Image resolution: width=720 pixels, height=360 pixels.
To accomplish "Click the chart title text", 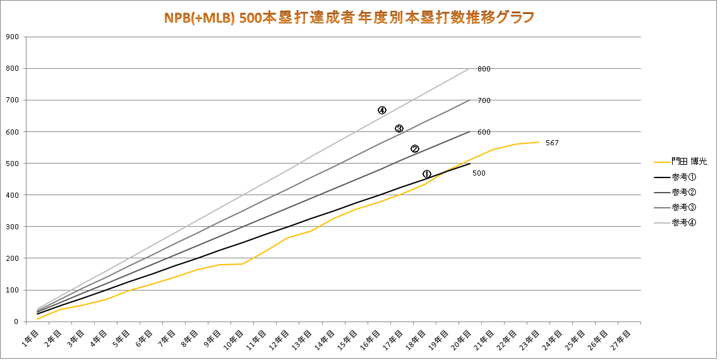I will point(349,17).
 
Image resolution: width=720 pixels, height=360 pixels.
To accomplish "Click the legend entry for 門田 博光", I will point(690,162).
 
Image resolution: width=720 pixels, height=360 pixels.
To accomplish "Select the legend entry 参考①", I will point(685,177).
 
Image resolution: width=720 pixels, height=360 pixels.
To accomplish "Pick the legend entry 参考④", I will point(685,222).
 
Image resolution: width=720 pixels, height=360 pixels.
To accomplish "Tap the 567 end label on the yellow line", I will point(552,143).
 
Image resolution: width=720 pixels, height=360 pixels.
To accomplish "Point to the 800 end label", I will point(484,69).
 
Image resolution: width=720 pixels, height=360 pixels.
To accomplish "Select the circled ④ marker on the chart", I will point(382,110).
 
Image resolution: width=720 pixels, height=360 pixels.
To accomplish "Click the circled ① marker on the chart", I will point(427,174).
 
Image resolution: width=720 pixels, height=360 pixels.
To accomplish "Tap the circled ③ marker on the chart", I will point(399,129).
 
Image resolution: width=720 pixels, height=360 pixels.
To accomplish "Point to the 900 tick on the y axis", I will point(11,37).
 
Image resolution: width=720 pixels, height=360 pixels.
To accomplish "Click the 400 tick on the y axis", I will point(11,195).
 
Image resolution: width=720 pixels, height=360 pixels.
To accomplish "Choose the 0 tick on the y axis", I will point(16,321).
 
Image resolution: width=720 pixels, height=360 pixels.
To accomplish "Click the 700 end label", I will point(484,100).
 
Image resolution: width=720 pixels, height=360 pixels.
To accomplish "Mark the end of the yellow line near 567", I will point(539,142).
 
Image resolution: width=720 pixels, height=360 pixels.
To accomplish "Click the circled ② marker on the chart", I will point(415,149).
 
